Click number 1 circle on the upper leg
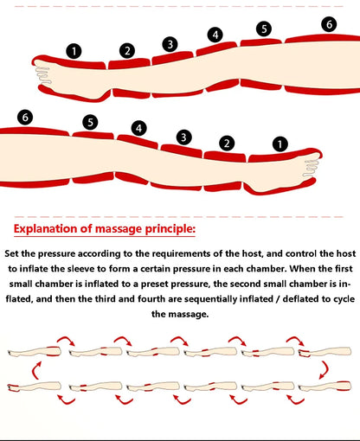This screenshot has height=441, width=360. click(74, 51)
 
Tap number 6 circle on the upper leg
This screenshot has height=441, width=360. click(329, 24)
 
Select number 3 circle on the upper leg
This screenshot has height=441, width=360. click(170, 44)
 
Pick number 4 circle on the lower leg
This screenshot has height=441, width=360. click(139, 128)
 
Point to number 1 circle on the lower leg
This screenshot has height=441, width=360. click(280, 144)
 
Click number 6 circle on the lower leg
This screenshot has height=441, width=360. click(25, 118)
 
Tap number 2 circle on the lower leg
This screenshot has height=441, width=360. click(227, 143)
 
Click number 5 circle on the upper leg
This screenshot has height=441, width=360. click(264, 29)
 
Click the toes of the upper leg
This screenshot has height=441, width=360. click(42, 75)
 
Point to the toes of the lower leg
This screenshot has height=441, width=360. click(311, 168)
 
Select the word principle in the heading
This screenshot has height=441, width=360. click(170, 229)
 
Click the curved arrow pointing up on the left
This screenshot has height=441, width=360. click(35, 370)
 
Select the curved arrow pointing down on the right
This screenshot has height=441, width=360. click(325, 370)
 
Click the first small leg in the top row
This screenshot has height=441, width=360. click(35, 352)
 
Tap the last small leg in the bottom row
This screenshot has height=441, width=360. click(325, 387)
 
